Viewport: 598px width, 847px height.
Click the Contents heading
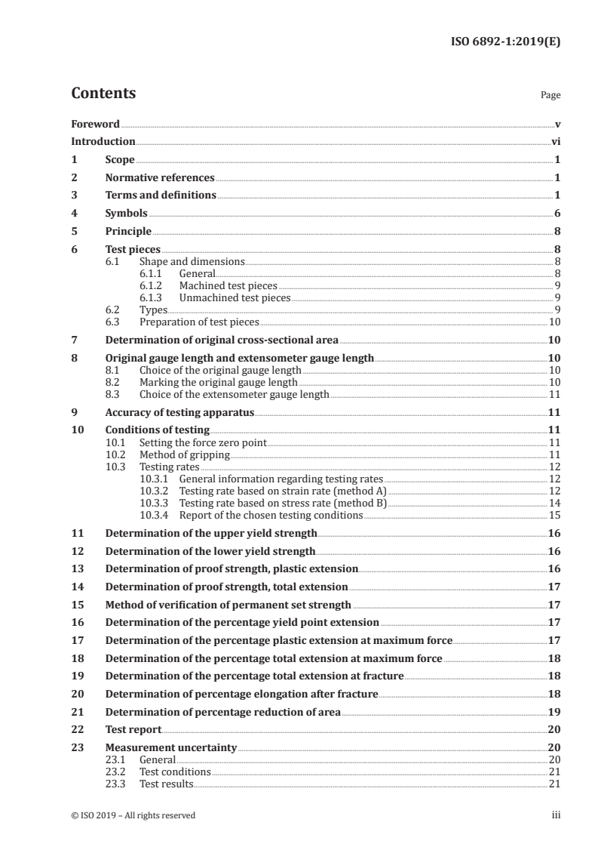click(x=103, y=94)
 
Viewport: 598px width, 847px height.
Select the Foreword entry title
click(x=95, y=123)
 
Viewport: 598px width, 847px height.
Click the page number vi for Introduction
click(x=555, y=141)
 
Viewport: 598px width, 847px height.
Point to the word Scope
click(x=120, y=160)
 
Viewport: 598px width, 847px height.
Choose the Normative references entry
click(x=160, y=178)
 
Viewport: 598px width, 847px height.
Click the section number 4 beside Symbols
click(x=74, y=214)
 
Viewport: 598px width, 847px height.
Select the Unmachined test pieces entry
click(x=235, y=298)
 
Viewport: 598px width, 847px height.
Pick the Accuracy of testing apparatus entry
click(x=179, y=413)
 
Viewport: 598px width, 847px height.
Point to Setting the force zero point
click(x=203, y=442)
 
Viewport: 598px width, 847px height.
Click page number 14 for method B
click(x=554, y=503)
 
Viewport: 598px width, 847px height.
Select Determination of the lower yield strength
click(x=210, y=551)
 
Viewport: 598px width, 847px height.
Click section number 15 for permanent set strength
click(x=76, y=605)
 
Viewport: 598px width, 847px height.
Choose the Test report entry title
click(x=133, y=730)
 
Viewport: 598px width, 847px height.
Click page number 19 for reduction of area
click(x=554, y=712)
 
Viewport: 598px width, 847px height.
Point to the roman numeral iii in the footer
click(x=556, y=815)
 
